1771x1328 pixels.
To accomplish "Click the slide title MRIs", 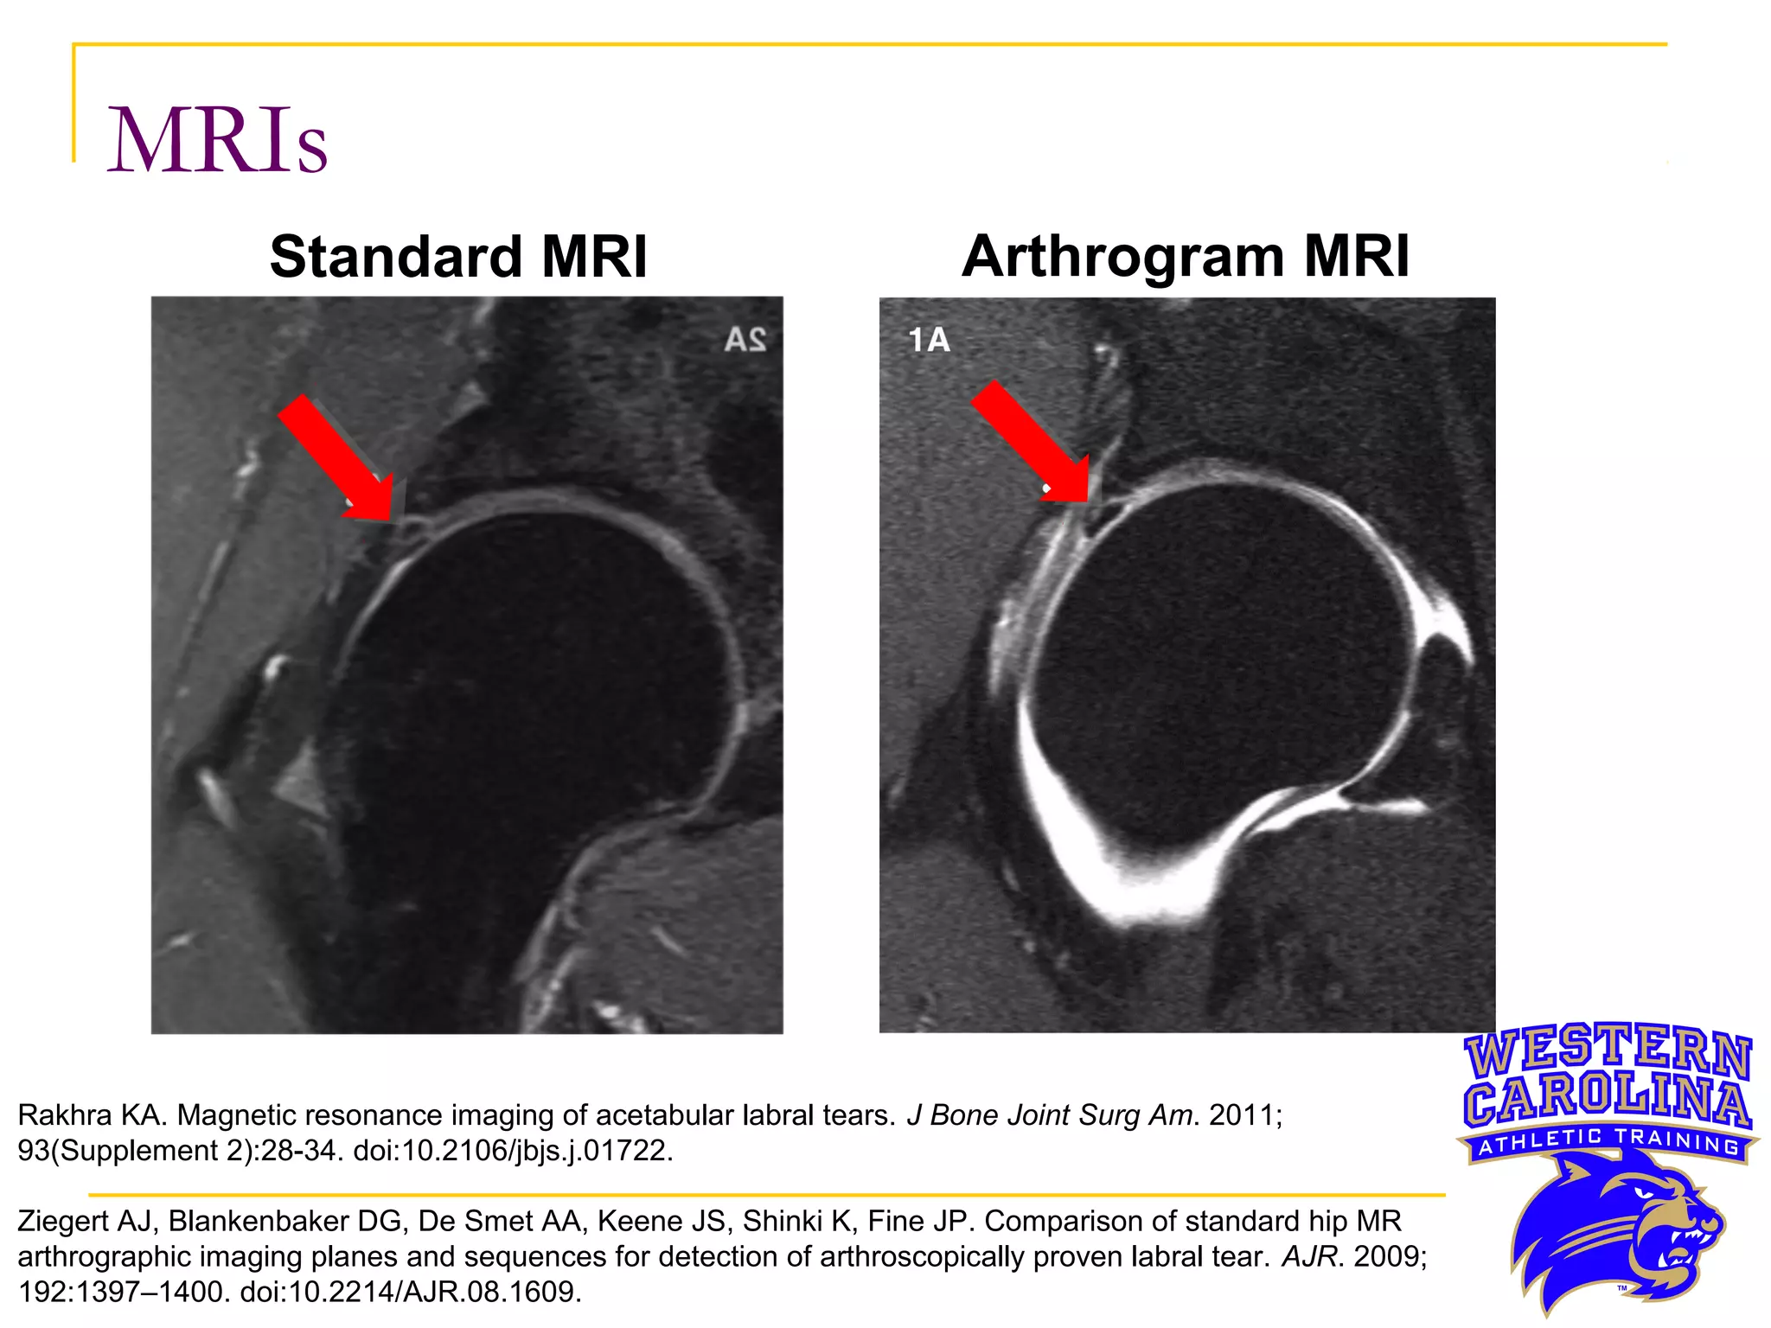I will click(x=216, y=141).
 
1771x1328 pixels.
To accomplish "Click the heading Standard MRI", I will click(x=458, y=257).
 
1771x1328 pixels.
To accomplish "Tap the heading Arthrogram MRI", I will click(x=1186, y=257).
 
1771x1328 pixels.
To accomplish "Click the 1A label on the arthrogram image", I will click(x=929, y=340).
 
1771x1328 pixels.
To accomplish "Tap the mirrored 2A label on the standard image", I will click(x=745, y=340).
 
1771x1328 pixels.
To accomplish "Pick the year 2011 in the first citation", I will click(x=1243, y=1115).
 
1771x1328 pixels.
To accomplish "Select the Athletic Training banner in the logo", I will click(x=1608, y=1143).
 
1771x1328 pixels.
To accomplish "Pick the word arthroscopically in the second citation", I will click(x=921, y=1256).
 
